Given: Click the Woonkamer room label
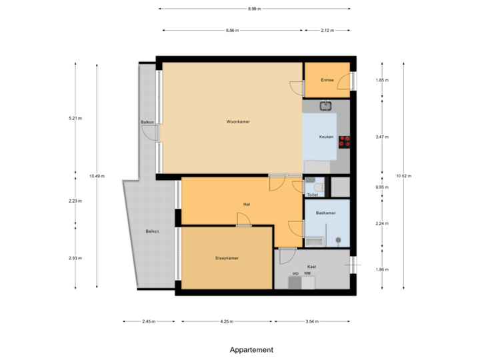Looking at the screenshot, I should [238, 122].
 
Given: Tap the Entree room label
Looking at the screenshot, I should [327, 80].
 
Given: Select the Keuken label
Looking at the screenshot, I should [326, 137].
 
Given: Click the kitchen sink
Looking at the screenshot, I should [326, 105].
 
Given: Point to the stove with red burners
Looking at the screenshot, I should [345, 141].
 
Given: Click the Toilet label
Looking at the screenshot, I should [312, 195].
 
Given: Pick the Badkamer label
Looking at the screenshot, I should [325, 213].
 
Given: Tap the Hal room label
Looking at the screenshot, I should [246, 204].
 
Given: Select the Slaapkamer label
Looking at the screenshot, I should [227, 257].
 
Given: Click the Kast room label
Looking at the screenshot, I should [312, 266].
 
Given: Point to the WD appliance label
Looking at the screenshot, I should [295, 274].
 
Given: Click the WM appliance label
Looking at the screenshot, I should [307, 274].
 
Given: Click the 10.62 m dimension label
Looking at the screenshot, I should [404, 176].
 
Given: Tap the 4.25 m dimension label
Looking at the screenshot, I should [227, 321].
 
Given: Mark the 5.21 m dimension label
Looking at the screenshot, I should [75, 118].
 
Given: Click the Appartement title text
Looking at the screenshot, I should [251, 349].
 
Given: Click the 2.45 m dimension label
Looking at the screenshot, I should [149, 321].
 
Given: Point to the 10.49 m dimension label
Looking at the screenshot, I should [97, 176].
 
